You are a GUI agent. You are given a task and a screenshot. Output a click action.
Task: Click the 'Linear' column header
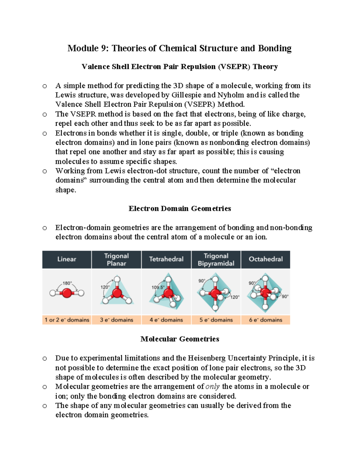[x=67, y=259]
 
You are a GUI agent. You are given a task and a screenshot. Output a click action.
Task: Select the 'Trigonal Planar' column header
[x=116, y=260]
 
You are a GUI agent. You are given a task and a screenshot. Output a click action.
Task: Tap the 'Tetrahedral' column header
[x=166, y=259]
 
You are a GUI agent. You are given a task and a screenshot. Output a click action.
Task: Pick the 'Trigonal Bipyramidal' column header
[x=216, y=260]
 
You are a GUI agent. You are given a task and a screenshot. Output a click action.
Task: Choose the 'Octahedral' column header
[x=265, y=259]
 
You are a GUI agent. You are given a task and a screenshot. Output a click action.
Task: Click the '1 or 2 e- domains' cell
[x=67, y=320]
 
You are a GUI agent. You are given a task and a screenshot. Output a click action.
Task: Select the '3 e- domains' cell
[x=116, y=320]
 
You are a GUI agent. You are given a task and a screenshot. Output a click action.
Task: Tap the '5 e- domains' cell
[x=216, y=320]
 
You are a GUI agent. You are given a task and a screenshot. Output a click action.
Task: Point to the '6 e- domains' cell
[x=265, y=320]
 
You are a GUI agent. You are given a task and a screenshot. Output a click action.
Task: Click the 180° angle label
[x=67, y=283]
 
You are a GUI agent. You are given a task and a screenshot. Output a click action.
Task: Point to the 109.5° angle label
[x=158, y=287]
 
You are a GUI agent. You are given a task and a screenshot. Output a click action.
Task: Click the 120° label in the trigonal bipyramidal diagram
[x=235, y=297]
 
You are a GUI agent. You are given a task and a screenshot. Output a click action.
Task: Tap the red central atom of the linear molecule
[x=67, y=293]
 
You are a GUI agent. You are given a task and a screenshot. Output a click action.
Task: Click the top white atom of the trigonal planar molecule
[x=117, y=279]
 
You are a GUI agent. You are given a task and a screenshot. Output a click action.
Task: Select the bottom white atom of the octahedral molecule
[x=265, y=307]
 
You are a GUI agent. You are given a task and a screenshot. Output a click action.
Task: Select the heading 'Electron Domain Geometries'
[x=180, y=209]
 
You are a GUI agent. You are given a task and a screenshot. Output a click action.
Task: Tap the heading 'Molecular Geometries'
[x=180, y=339]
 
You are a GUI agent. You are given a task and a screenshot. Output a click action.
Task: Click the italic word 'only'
[x=212, y=386]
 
